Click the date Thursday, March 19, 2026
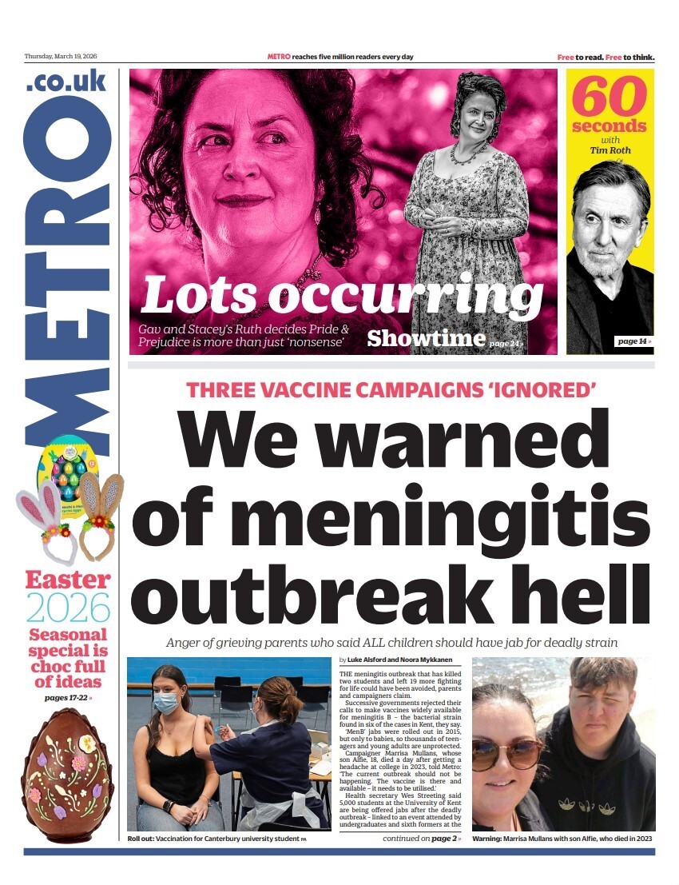coord(60,57)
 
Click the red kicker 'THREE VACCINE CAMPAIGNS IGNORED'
coord(391,391)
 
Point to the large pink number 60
coord(609,98)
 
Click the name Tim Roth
coord(610,149)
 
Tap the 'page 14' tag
coord(634,341)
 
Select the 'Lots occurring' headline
coord(342,295)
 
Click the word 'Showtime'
coord(426,338)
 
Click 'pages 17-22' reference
coord(68,698)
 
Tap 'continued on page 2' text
coord(421,839)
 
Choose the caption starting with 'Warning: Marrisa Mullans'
coord(563,839)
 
